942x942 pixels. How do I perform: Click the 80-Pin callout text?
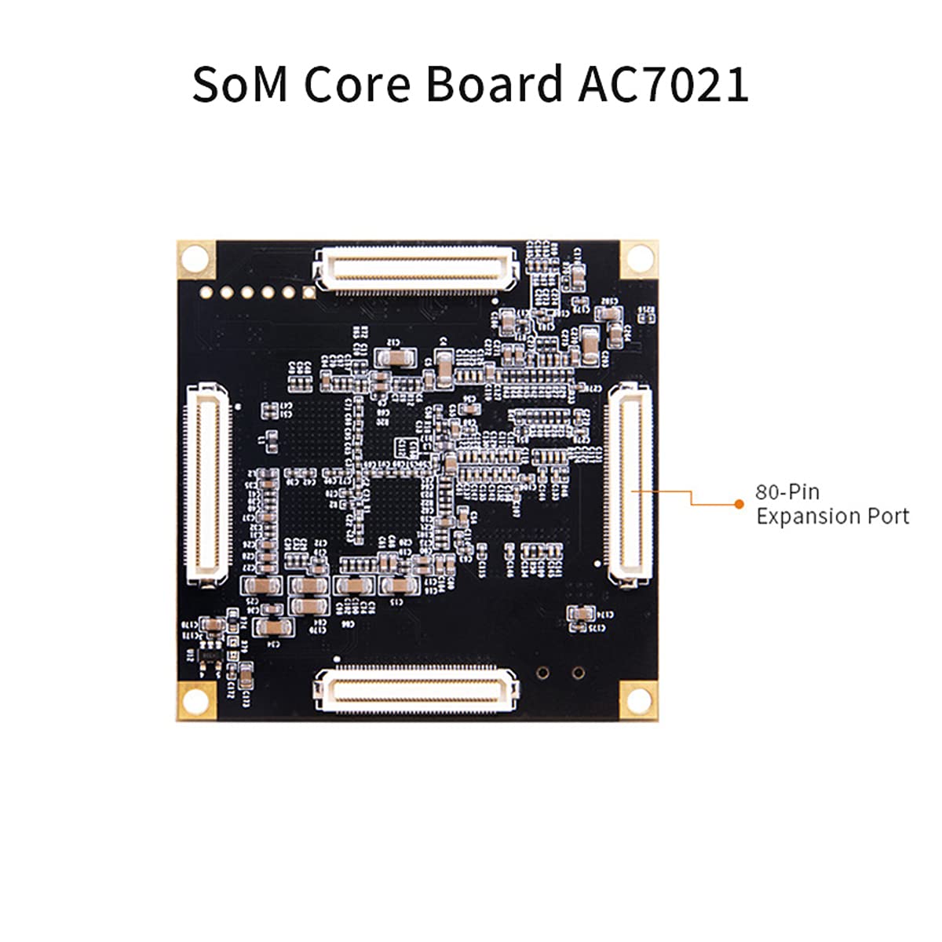(787, 492)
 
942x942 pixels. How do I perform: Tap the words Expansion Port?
(832, 517)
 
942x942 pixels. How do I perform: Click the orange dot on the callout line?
(739, 504)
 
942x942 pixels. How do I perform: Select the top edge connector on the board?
(417, 269)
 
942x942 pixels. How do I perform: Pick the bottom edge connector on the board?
(416, 688)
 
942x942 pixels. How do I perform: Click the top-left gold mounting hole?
(196, 257)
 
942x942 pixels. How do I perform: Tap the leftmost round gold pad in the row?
(206, 293)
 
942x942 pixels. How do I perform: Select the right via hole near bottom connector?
(579, 673)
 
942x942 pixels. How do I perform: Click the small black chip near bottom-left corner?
(208, 653)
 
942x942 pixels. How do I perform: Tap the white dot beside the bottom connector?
(337, 659)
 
